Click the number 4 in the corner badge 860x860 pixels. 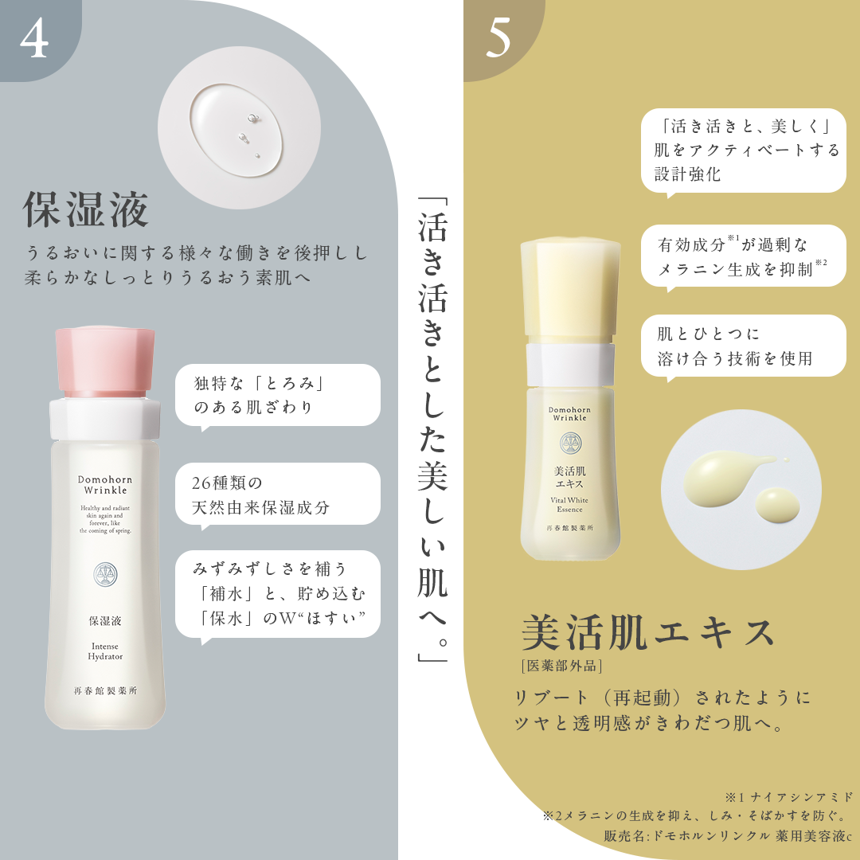[x=34, y=39]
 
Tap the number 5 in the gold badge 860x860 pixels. [x=498, y=38]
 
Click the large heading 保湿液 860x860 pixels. [x=85, y=209]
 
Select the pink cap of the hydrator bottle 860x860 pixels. [x=104, y=362]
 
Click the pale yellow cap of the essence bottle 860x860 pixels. [x=570, y=291]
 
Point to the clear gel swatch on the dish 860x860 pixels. [x=236, y=131]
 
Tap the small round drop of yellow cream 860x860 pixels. [x=778, y=505]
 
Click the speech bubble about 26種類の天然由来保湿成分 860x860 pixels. [x=278, y=495]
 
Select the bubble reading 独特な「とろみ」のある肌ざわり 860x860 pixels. [x=278, y=396]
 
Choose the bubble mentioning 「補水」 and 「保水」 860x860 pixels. [x=278, y=595]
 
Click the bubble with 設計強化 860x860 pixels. [x=743, y=151]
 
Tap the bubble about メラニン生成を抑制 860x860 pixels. [x=743, y=256]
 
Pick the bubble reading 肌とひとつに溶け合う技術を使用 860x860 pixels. [x=743, y=346]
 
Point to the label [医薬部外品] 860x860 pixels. [x=561, y=666]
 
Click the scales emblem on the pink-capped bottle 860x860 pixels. [x=105, y=574]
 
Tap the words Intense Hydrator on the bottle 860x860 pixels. [x=105, y=651]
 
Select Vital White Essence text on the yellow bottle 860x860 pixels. [x=569, y=505]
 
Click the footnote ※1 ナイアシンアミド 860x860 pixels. [x=789, y=797]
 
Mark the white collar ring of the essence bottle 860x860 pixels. [x=570, y=364]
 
